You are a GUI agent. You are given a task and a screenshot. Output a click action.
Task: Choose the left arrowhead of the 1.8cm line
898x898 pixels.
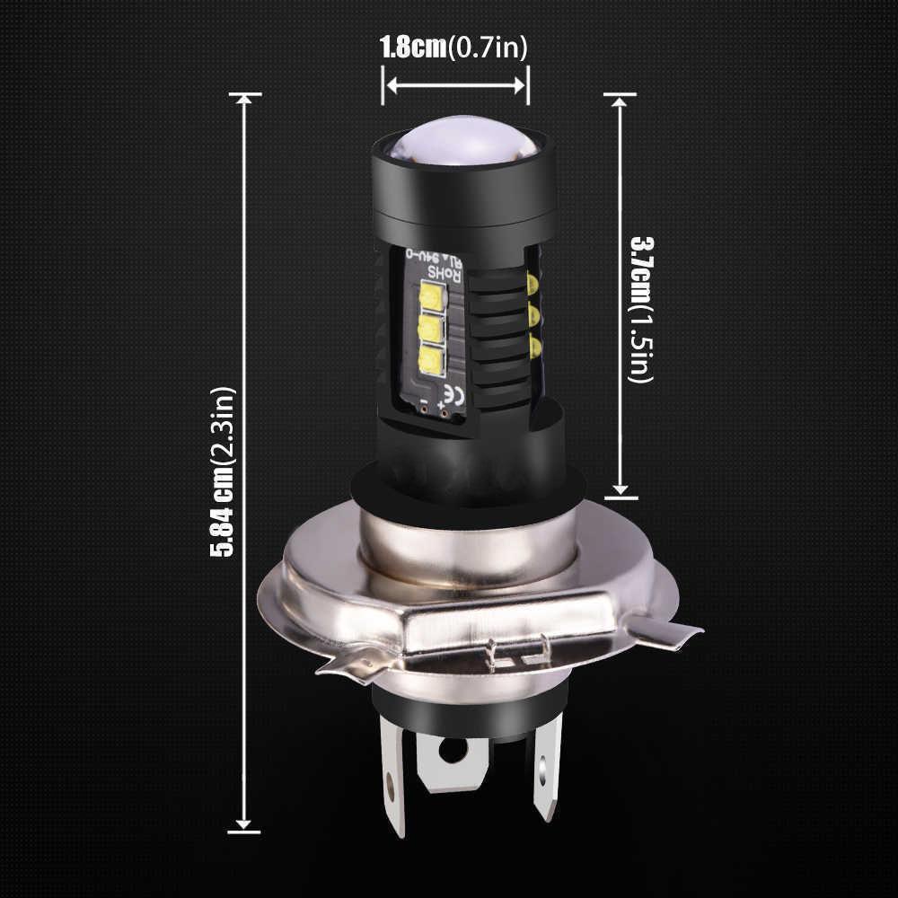pos(390,85)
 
